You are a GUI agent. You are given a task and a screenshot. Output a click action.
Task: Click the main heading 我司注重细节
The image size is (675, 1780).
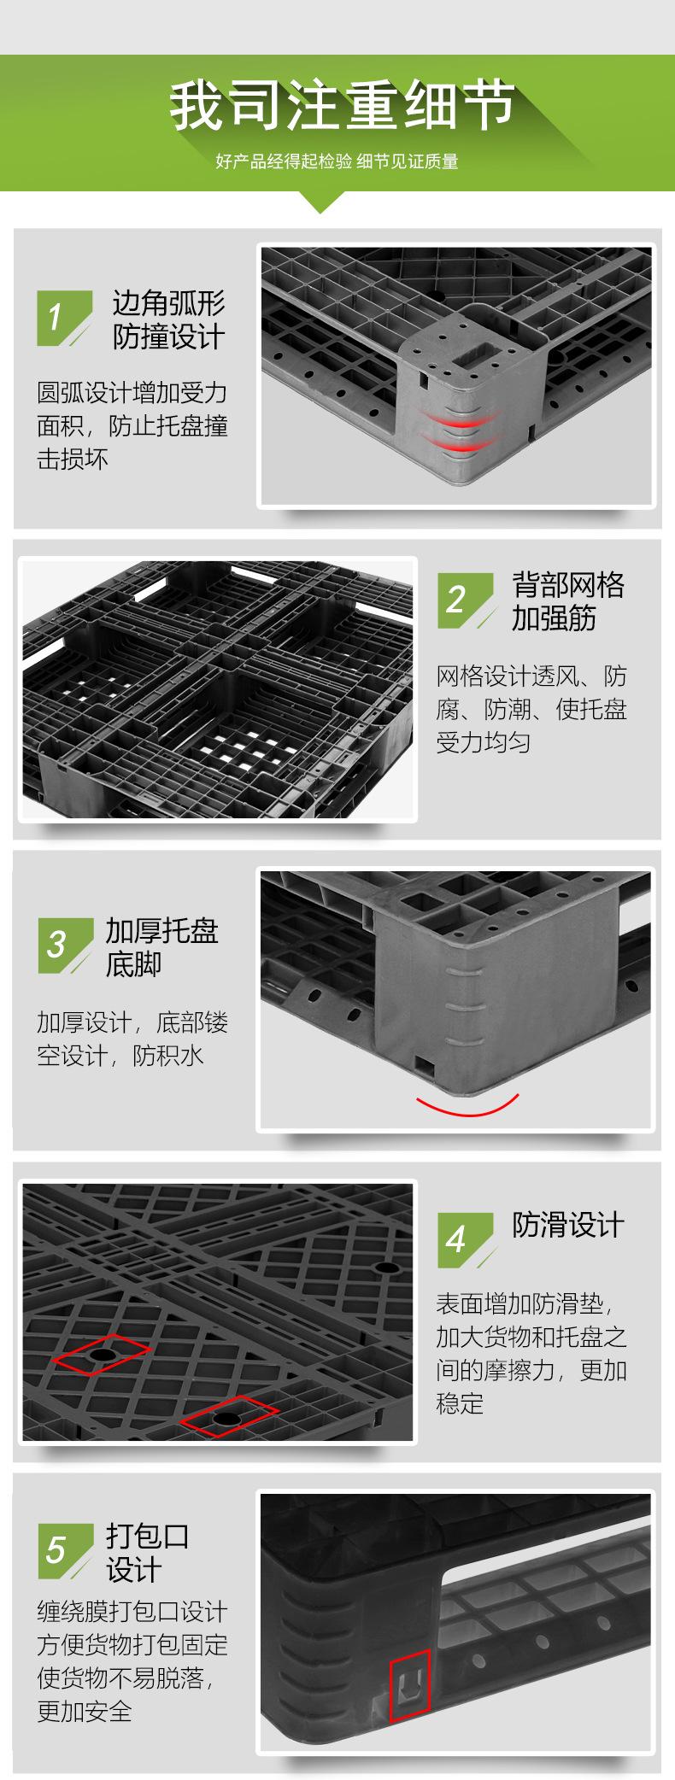click(342, 106)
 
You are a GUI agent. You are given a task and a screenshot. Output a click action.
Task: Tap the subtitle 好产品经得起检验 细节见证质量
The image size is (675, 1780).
click(337, 161)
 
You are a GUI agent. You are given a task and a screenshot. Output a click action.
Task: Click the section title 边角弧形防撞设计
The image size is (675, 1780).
click(168, 320)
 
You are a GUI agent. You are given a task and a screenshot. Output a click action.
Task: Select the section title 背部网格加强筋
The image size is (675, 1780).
click(567, 601)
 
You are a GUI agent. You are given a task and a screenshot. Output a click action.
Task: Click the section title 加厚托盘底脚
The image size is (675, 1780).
click(161, 947)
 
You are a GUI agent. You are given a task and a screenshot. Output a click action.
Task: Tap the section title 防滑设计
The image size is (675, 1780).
click(568, 1226)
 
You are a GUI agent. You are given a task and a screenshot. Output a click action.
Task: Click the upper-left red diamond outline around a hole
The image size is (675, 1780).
click(101, 1355)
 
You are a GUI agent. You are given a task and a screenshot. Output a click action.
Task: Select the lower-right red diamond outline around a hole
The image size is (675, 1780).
click(228, 1417)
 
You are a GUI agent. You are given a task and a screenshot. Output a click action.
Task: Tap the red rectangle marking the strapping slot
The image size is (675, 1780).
click(410, 1689)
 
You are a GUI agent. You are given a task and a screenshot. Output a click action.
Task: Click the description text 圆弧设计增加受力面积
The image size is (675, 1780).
click(132, 425)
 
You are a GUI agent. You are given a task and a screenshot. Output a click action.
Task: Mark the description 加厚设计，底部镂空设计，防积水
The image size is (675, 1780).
click(132, 1039)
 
